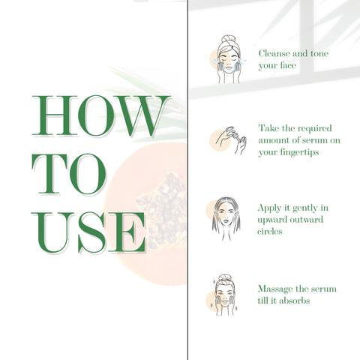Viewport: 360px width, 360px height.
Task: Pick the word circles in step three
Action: pyautogui.click(x=271, y=232)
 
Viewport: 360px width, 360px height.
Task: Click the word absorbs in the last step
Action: pyautogui.click(x=289, y=301)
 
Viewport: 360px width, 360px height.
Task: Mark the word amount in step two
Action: pyautogui.click(x=274, y=139)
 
